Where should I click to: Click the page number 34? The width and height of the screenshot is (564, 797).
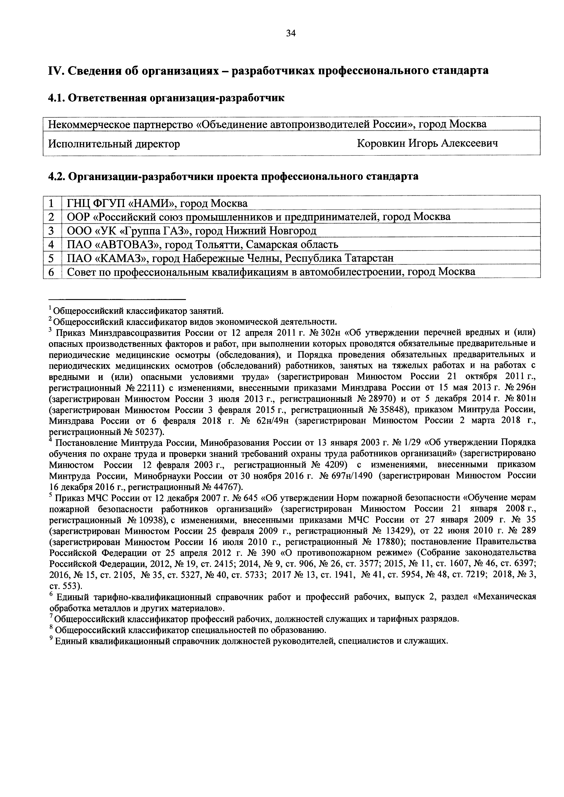pyautogui.click(x=290, y=33)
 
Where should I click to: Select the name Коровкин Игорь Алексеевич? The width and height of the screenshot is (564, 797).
pyautogui.click(x=427, y=143)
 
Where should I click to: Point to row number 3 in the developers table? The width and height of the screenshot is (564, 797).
pyautogui.click(x=51, y=231)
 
